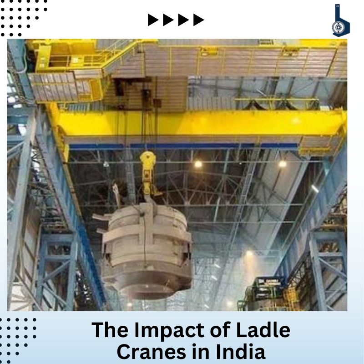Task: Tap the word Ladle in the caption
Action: click(263, 329)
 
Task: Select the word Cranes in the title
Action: click(152, 352)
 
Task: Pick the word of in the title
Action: click(220, 329)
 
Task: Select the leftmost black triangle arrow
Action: click(153, 20)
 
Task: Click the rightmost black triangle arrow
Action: click(198, 20)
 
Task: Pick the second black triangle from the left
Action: click(168, 20)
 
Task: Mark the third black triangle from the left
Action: click(183, 20)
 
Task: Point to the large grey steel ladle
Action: click(146, 251)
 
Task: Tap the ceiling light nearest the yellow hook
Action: click(198, 164)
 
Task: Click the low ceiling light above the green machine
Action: click(249, 253)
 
